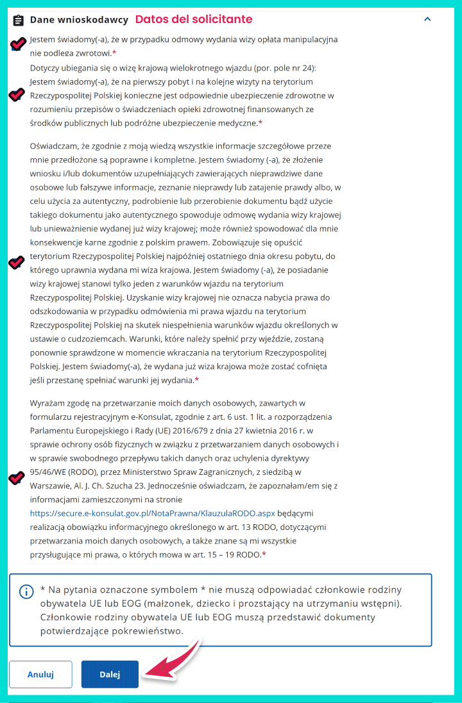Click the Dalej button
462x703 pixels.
(x=110, y=674)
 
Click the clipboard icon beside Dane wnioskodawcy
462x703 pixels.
(x=19, y=20)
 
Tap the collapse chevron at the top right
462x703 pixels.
(x=427, y=19)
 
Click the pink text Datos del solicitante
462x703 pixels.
(x=193, y=19)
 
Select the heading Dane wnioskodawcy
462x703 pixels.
(x=79, y=20)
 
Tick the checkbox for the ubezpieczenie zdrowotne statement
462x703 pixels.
(x=17, y=95)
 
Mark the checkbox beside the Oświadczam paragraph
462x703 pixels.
(x=17, y=263)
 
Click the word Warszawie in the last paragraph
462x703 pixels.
(x=52, y=485)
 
